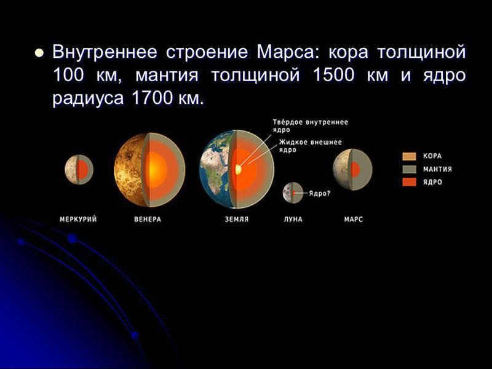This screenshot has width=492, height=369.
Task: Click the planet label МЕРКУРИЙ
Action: pyautogui.click(x=78, y=219)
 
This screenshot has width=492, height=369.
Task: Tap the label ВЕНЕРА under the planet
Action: pyautogui.click(x=148, y=219)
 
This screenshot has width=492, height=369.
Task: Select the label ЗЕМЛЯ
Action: pyautogui.click(x=237, y=219)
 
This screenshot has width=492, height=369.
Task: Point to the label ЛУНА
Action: pyautogui.click(x=293, y=219)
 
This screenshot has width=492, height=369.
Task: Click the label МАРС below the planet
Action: pyautogui.click(x=353, y=219)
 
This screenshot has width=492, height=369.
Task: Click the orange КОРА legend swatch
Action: pyautogui.click(x=409, y=156)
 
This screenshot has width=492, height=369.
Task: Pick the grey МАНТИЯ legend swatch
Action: pyautogui.click(x=409, y=169)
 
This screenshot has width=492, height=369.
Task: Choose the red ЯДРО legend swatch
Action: pyautogui.click(x=409, y=182)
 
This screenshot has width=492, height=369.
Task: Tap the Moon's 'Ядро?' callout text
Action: pyautogui.click(x=319, y=193)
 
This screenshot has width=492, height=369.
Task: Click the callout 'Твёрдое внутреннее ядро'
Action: pyautogui.click(x=311, y=126)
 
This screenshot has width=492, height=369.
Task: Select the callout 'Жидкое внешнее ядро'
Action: pyautogui.click(x=311, y=146)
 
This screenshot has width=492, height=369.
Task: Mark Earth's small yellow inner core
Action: pyautogui.click(x=238, y=169)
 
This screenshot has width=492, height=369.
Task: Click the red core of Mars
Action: pyautogui.click(x=355, y=170)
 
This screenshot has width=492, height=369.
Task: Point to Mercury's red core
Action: pyautogui.click(x=83, y=170)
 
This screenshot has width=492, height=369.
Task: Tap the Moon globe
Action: pyautogui.click(x=293, y=192)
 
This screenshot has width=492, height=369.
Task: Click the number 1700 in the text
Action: pyautogui.click(x=152, y=98)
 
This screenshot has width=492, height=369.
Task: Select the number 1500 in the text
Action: pyautogui.click(x=333, y=75)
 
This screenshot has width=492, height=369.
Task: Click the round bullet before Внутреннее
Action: pyautogui.click(x=39, y=52)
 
